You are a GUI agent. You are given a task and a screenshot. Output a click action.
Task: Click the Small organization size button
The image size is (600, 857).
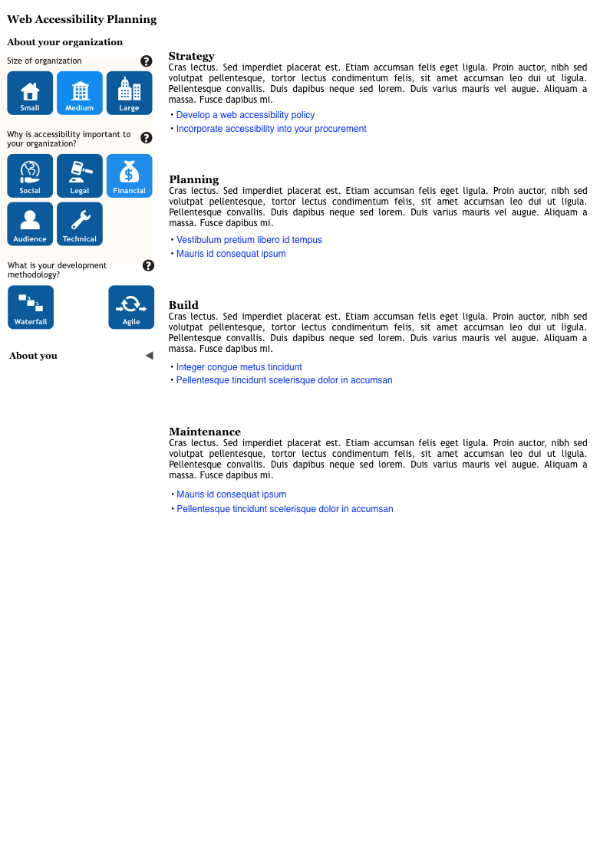point(30,93)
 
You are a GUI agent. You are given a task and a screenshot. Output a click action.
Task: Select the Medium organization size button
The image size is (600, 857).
point(80,93)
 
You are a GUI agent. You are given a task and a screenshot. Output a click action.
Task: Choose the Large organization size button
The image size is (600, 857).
point(129,93)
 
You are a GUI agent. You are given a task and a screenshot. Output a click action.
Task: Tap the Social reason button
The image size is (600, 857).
point(30,176)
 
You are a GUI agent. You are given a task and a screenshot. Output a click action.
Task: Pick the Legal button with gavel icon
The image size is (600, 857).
point(80,176)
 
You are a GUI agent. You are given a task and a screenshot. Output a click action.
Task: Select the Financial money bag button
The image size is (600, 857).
point(129,176)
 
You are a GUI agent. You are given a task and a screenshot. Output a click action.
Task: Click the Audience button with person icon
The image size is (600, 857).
point(30,224)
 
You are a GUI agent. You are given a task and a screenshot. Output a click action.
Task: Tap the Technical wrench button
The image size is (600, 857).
point(80,224)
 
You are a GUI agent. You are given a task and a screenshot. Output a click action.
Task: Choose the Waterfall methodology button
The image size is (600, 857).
point(31,307)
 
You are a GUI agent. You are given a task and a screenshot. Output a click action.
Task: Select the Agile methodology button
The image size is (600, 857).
point(131,307)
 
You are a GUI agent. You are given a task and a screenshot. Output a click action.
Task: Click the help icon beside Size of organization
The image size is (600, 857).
point(147,61)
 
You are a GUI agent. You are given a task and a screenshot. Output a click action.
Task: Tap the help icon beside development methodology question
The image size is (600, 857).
point(148,265)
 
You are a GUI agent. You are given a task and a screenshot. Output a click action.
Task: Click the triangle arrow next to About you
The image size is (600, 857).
point(149,356)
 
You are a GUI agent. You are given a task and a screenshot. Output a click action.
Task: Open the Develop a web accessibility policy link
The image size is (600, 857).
point(246,115)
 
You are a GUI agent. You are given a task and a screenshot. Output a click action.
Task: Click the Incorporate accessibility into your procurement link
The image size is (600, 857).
point(271,129)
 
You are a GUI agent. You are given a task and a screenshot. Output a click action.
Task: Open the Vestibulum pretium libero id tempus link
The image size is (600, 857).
point(249,240)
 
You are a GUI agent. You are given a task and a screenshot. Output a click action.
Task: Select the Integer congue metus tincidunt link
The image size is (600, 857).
point(239,367)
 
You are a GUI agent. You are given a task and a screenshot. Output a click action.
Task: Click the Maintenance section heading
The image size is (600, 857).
point(205,432)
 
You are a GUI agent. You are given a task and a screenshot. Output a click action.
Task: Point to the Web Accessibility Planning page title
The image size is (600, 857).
point(81,19)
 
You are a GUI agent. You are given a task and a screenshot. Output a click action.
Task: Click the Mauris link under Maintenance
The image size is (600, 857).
point(231,494)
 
